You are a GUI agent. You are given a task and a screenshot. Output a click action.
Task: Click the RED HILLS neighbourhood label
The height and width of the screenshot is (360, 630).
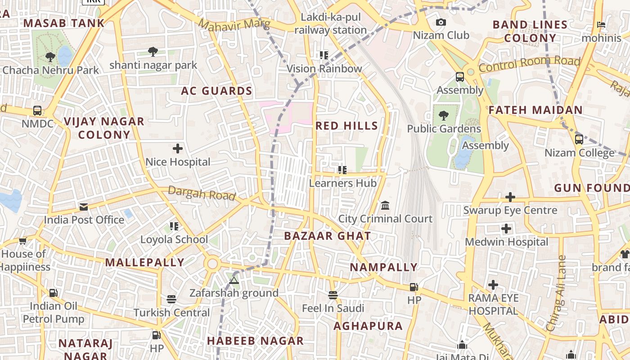346,126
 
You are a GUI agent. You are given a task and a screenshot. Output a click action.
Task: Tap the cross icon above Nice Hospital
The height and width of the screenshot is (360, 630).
178,148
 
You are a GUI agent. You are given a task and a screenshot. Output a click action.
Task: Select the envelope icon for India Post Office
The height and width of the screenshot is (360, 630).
84,207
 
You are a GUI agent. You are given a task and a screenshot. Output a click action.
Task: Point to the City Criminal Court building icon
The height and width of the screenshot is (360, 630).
385,206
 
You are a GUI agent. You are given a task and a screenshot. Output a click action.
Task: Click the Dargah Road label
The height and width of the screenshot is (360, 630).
202,193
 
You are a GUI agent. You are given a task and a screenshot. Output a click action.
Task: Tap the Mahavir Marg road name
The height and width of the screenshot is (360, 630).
234,24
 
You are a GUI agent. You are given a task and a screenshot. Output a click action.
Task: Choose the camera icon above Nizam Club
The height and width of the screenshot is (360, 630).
441,22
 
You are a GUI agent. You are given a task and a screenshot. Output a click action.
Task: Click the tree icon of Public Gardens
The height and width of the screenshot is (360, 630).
444,116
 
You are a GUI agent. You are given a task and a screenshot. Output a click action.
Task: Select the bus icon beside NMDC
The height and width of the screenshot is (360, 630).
37,111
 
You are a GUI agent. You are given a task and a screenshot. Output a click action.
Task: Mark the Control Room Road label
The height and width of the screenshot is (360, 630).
529,64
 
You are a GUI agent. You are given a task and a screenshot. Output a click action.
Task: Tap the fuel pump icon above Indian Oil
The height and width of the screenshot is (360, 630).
54,293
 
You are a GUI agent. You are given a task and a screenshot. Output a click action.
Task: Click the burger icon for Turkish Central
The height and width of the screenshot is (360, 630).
171,299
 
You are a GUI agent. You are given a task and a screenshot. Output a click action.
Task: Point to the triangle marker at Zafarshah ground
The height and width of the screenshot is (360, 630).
234,280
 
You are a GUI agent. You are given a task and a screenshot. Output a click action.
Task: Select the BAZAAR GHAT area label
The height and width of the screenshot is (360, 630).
328,236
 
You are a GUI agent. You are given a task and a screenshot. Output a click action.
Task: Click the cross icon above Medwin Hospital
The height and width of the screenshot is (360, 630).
506,229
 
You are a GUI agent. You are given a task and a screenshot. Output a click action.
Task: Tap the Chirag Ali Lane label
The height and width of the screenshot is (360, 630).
556,293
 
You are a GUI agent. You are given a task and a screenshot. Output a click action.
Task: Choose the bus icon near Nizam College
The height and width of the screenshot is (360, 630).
579,139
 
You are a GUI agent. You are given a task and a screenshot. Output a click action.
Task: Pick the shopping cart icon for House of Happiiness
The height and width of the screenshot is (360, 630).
23,241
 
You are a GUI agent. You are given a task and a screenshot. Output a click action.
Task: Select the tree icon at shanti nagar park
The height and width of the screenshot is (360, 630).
153,52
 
